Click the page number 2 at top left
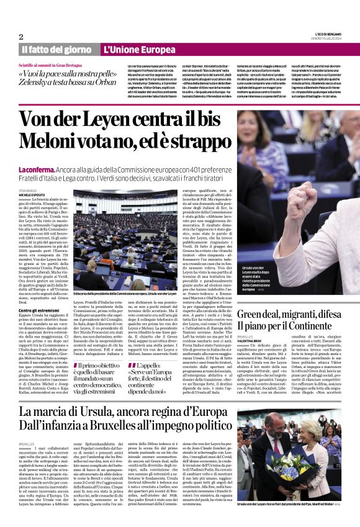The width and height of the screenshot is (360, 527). point(21,36)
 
